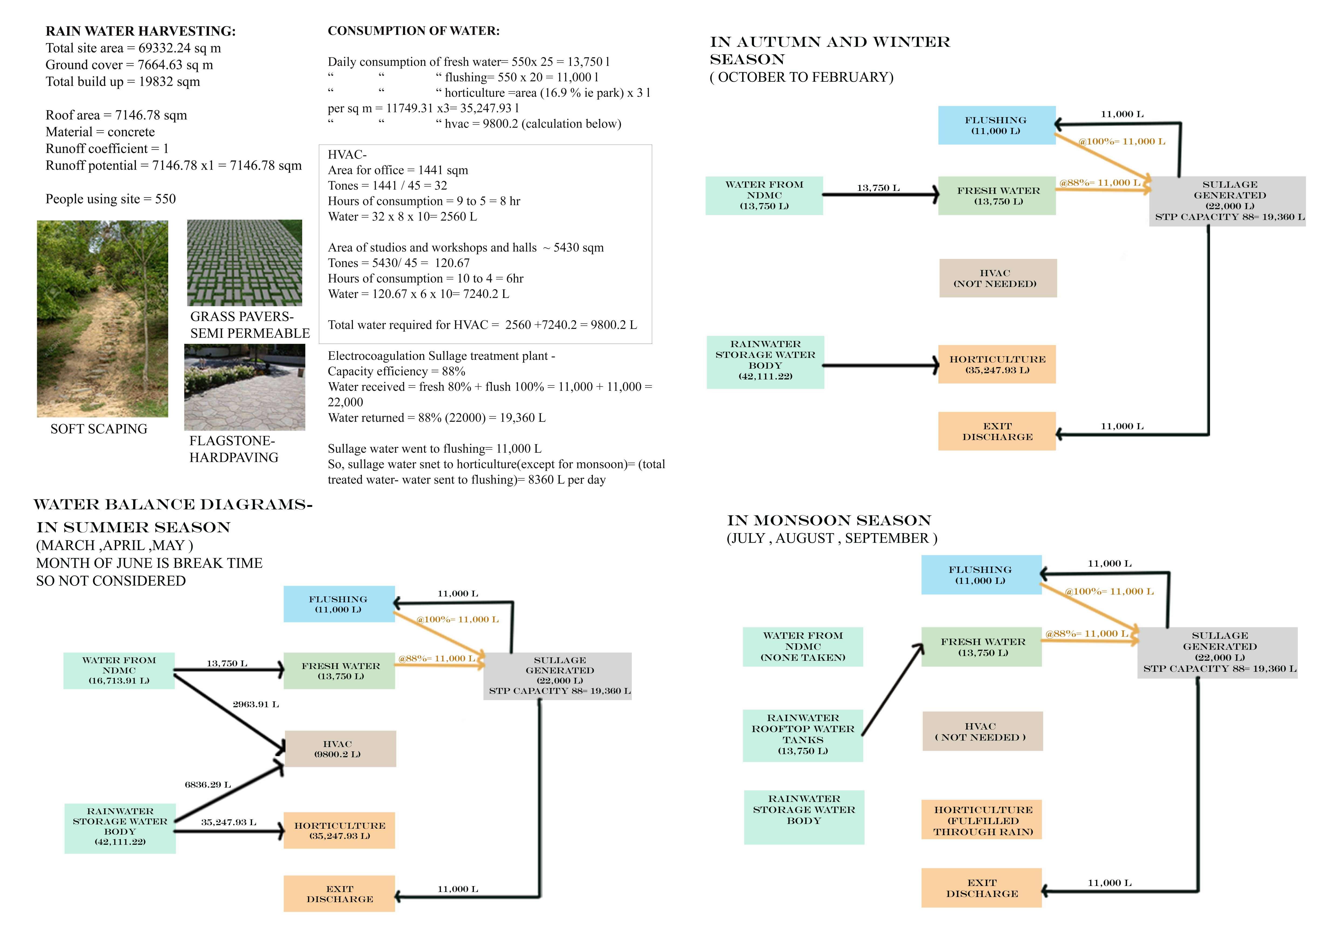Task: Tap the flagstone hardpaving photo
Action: pyautogui.click(x=244, y=387)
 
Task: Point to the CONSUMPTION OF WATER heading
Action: pyautogui.click(x=414, y=31)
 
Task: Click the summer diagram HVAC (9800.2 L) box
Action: pyautogui.click(x=340, y=749)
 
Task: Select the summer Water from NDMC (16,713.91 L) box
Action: pyautogui.click(x=119, y=671)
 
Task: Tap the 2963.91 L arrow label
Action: pyautogui.click(x=256, y=705)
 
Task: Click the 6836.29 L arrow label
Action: pyautogui.click(x=208, y=785)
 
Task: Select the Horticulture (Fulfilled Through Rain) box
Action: pyautogui.click(x=982, y=820)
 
